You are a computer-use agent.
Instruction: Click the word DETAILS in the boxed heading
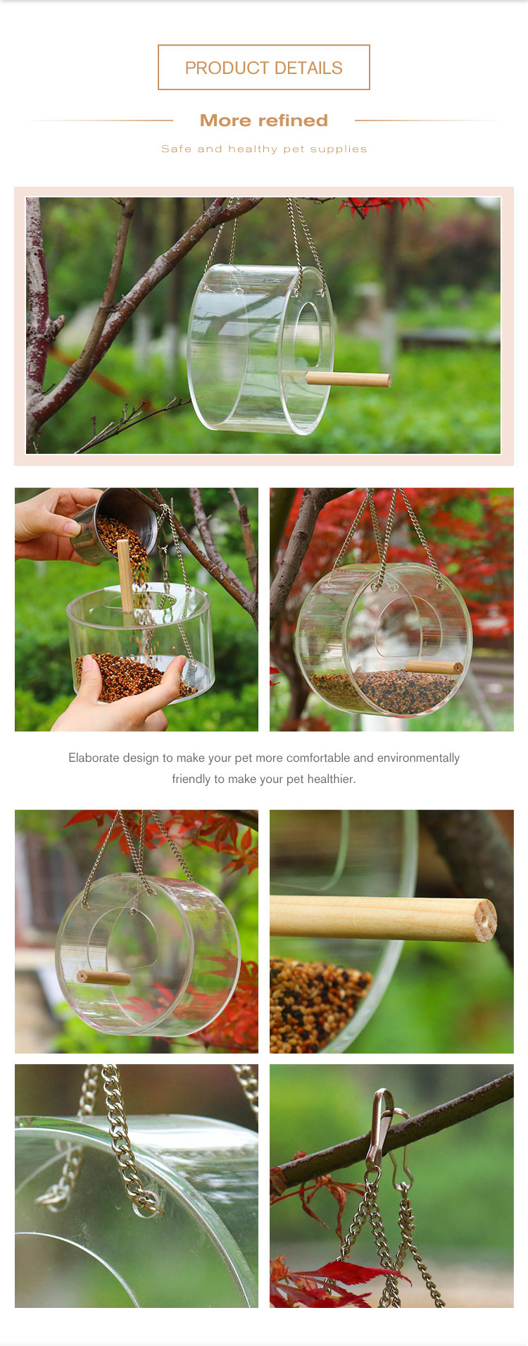(x=308, y=68)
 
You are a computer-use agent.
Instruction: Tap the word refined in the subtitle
(x=293, y=121)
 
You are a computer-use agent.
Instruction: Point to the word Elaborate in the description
(x=94, y=758)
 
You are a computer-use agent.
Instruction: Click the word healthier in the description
(x=330, y=779)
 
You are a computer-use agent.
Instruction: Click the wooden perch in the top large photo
(x=348, y=378)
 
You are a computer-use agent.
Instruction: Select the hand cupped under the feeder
(x=120, y=694)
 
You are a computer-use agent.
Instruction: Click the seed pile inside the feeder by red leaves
(x=384, y=689)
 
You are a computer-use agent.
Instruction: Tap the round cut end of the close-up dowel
(x=485, y=920)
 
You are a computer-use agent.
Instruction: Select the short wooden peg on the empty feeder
(x=103, y=977)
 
